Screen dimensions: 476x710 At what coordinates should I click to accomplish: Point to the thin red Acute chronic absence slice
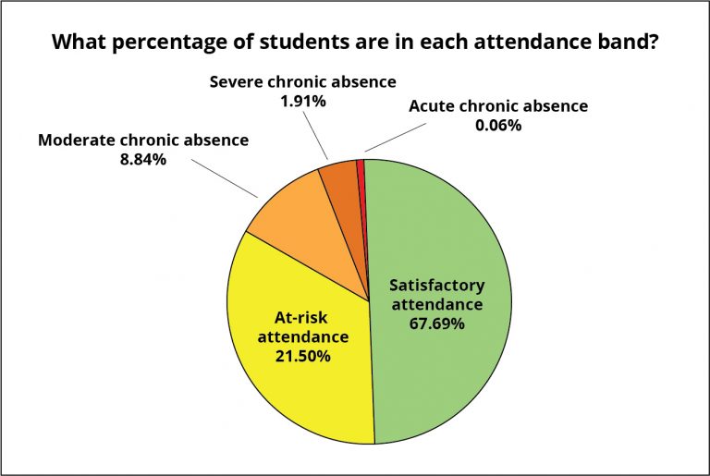(361, 166)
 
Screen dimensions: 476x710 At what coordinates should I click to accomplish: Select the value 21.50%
(303, 356)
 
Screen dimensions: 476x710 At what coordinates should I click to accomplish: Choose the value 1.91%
(303, 101)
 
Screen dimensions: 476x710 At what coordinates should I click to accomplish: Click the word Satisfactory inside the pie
(436, 285)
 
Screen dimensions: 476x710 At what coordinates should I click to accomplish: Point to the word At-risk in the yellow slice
(302, 317)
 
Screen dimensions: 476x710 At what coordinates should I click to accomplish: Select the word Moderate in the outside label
(79, 140)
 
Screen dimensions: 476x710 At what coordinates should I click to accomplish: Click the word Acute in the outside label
(435, 105)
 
